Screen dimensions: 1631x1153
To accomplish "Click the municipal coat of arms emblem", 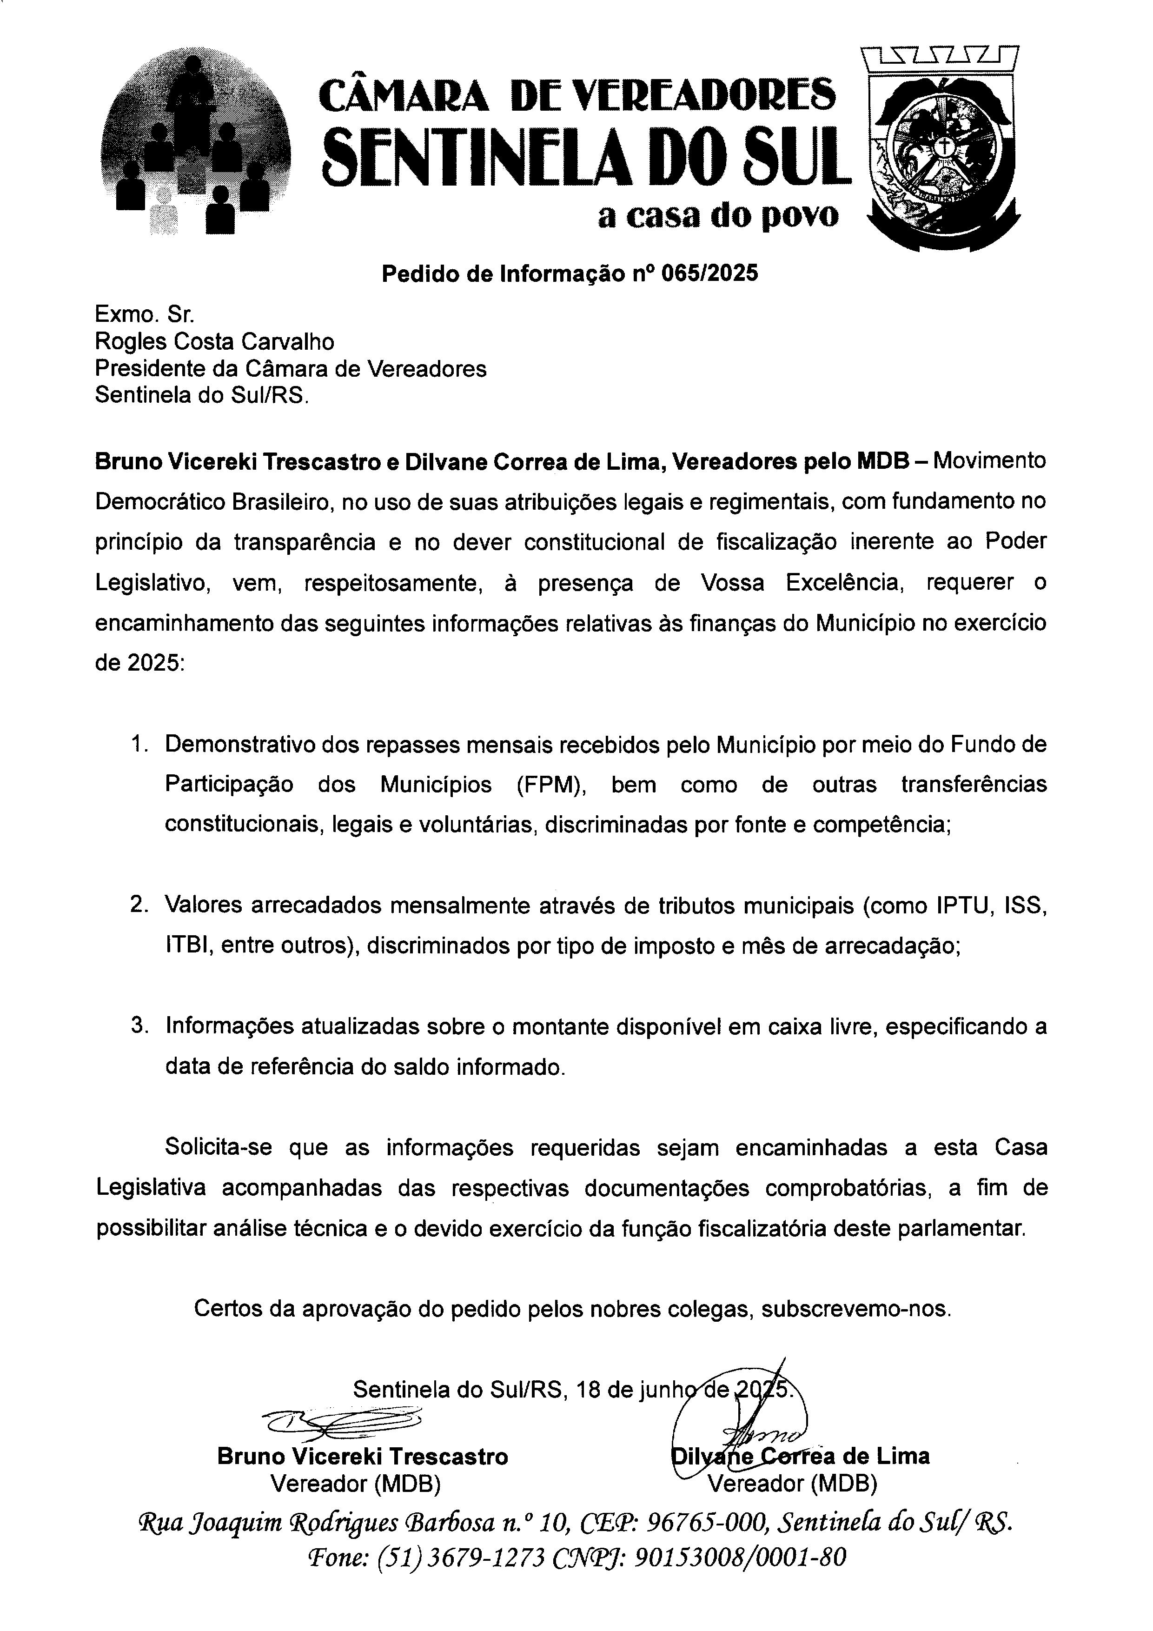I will (943, 149).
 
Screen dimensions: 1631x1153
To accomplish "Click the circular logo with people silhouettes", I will (196, 140).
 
